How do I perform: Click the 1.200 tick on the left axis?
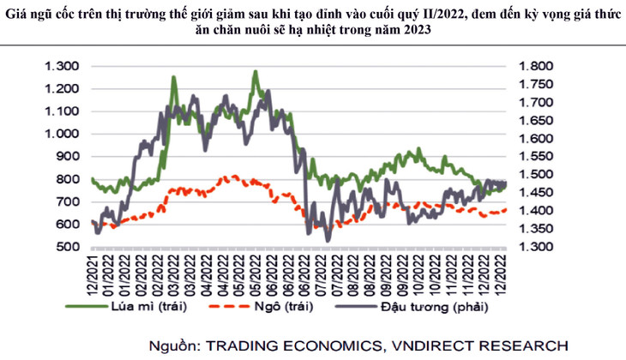[62, 88]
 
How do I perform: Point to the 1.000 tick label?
[62, 134]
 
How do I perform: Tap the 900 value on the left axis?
[67, 156]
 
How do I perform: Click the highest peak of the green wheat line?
[256, 72]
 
